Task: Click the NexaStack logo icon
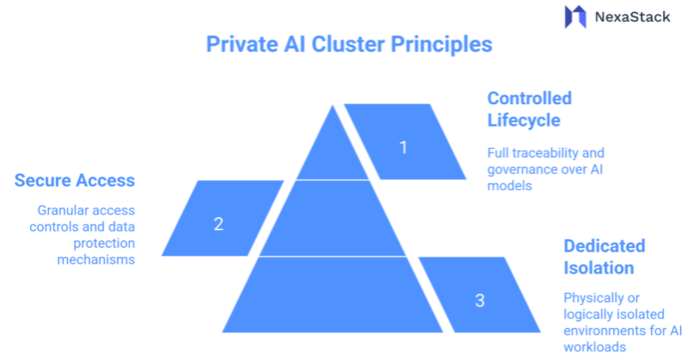[574, 17]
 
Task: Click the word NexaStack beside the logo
[631, 16]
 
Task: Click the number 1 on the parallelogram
[403, 147]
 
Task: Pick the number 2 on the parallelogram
[219, 224]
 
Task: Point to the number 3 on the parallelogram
[480, 301]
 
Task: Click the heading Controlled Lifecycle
[529, 109]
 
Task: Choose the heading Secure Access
[75, 180]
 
